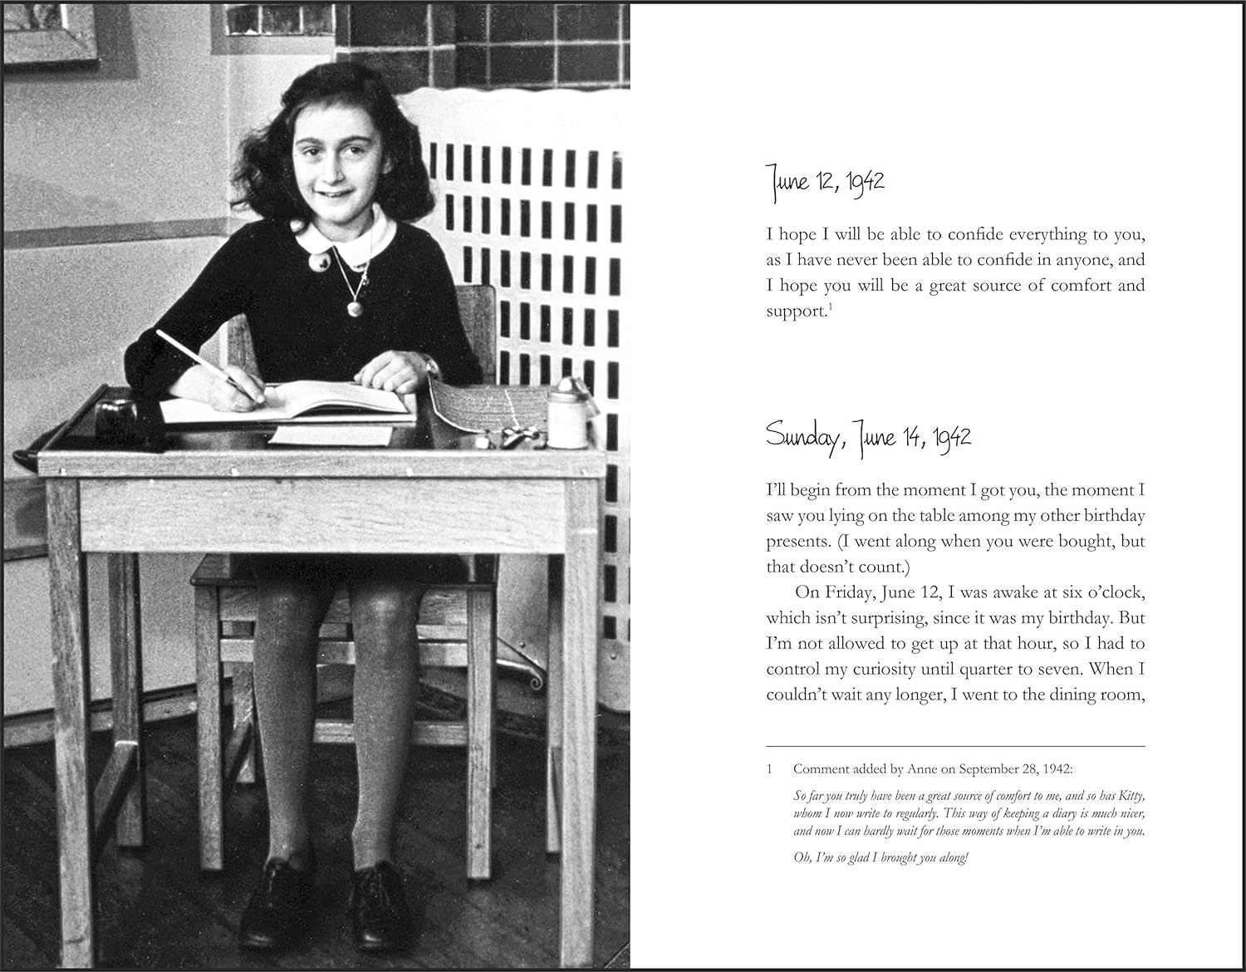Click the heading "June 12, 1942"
click(824, 181)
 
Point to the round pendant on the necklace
click(356, 308)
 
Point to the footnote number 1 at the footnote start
click(770, 769)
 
